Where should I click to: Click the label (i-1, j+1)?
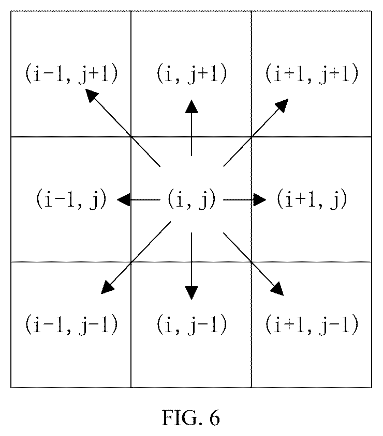(x=71, y=73)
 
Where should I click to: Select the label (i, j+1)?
(x=192, y=73)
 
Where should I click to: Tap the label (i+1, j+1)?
(x=312, y=73)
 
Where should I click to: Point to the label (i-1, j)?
(x=71, y=199)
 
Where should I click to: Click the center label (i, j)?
(x=192, y=199)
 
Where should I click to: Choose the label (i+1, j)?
(x=312, y=199)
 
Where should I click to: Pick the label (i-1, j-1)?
(x=71, y=324)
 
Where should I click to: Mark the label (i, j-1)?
(x=192, y=324)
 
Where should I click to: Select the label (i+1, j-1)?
(x=312, y=324)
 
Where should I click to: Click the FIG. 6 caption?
(x=191, y=417)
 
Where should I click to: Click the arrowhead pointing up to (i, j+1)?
(x=192, y=106)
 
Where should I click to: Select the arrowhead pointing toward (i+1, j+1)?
(x=282, y=105)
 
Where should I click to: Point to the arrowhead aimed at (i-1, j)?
(x=123, y=199)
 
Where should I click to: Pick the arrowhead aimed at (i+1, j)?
(x=260, y=199)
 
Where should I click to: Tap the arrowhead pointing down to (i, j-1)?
(x=192, y=293)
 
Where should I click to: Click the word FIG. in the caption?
(x=183, y=417)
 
